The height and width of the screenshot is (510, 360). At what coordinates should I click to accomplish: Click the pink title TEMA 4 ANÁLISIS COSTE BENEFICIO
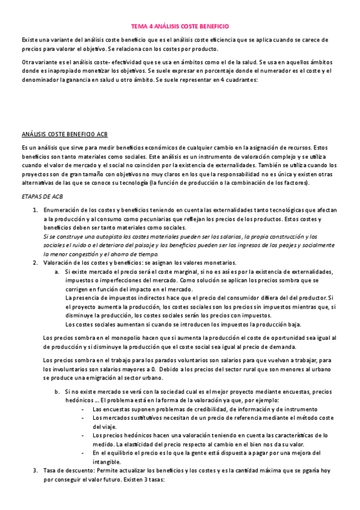180,26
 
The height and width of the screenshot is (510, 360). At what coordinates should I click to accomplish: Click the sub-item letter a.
56,272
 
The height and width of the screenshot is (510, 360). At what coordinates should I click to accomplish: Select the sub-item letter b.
56,392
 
